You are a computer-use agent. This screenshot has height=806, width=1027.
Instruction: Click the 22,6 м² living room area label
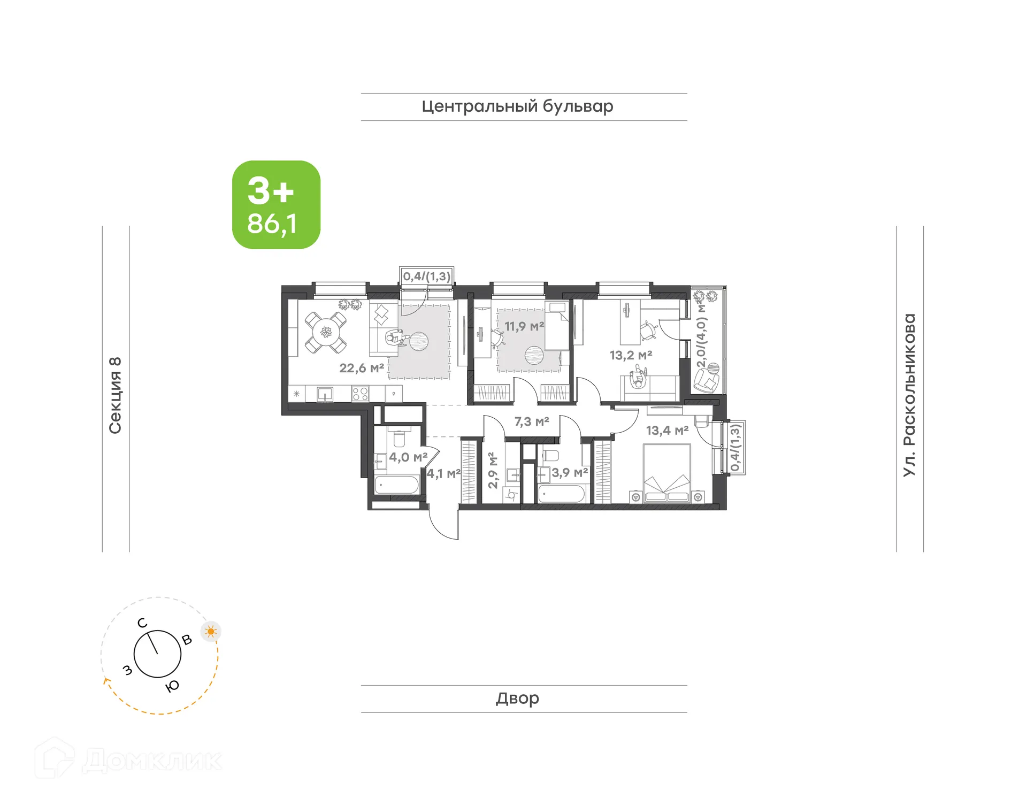(362, 368)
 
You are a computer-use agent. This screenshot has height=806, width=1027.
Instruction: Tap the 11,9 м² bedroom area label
(524, 326)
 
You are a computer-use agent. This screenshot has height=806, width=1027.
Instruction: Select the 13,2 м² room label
(631, 355)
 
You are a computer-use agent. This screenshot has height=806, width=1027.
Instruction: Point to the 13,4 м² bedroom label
(666, 431)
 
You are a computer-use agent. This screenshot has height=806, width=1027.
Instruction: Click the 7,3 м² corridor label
(532, 422)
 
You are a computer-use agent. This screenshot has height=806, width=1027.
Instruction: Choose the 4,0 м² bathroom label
(408, 457)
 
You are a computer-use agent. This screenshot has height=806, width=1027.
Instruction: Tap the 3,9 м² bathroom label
(570, 473)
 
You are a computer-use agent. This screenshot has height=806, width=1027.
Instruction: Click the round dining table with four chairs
(325, 333)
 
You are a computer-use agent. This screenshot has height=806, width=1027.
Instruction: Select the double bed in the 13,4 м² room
(666, 474)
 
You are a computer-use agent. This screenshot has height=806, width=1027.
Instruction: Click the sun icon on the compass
(211, 632)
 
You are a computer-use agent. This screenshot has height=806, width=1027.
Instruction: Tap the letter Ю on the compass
(172, 687)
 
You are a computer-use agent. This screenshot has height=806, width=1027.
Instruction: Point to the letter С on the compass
(142, 623)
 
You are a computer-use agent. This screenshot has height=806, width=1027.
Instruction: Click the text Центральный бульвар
(517, 106)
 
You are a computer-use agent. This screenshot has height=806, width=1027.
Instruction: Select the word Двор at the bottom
(517, 698)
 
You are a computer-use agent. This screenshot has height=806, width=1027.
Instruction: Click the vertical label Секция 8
(115, 395)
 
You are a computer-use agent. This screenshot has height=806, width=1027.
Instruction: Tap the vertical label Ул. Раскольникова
(909, 395)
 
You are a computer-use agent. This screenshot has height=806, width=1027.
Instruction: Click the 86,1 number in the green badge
(272, 224)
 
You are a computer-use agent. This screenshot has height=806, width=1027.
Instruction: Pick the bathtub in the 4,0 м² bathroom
(396, 485)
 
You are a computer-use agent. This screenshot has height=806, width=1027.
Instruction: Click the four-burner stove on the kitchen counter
(360, 394)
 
